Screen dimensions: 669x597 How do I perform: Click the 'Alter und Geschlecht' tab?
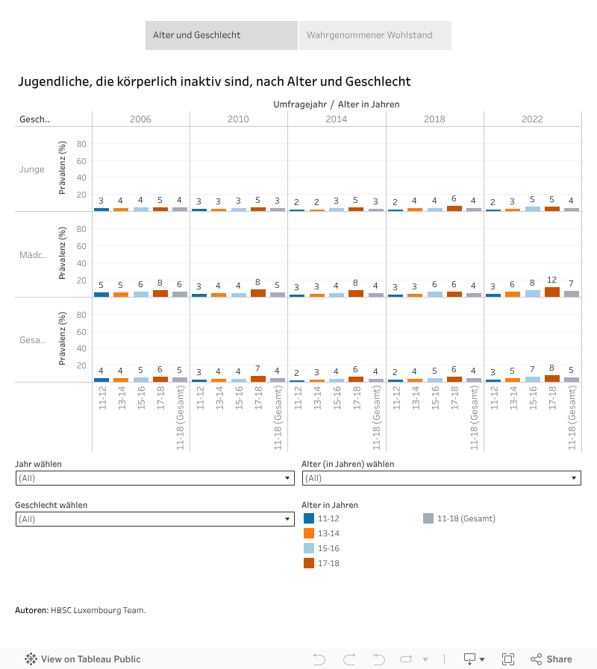[222, 35]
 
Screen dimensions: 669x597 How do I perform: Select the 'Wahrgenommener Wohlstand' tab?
[375, 35]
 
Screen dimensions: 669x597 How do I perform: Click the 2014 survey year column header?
[337, 119]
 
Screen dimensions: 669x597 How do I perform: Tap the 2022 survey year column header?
[532, 119]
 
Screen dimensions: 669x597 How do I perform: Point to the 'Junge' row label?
[32, 169]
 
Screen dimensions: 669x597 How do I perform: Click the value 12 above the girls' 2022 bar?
[552, 280]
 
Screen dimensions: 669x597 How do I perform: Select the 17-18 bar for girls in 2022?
[552, 292]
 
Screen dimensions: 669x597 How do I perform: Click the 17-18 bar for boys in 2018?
[454, 209]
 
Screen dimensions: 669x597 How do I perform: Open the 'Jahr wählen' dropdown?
[154, 478]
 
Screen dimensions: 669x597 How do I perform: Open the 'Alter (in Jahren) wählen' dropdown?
[441, 478]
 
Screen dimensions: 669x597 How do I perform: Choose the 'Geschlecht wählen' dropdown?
[154, 519]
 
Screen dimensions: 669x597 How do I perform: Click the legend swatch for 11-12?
[309, 518]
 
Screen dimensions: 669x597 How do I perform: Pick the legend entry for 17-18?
[328, 563]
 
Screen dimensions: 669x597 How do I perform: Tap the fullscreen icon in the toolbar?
[508, 659]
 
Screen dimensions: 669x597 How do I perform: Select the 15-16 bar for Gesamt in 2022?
[533, 379]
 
